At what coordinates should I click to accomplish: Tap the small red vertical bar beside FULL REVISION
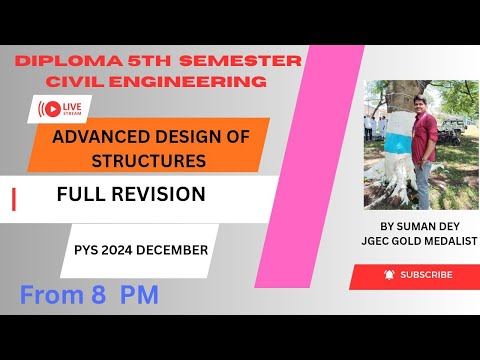[x=13, y=200]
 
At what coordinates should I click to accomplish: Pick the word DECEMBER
[x=172, y=249]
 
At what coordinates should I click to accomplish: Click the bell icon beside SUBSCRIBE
[x=387, y=274]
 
